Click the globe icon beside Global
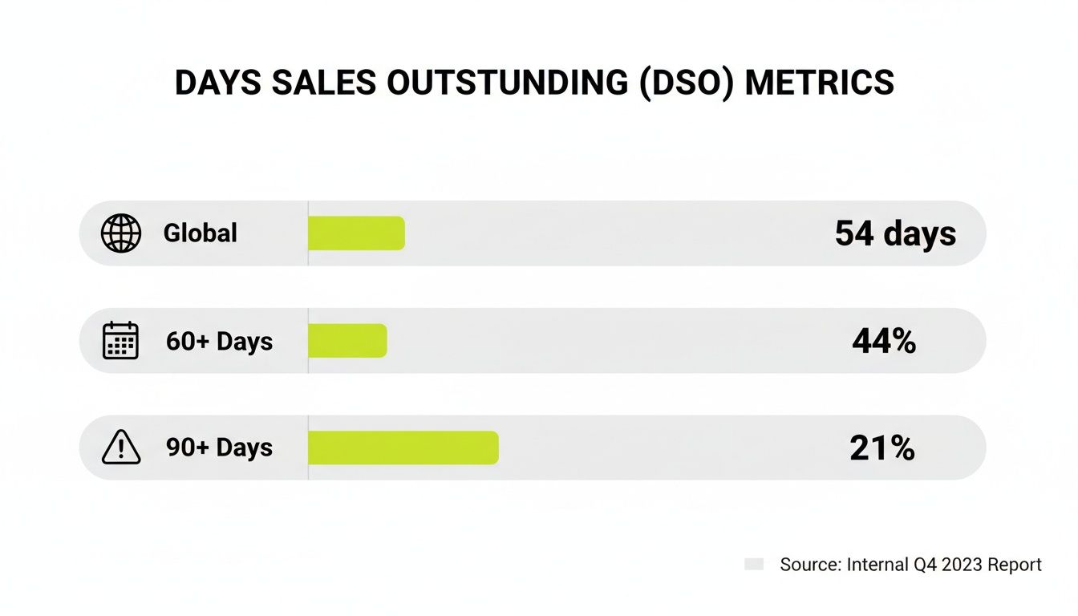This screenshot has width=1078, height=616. tap(121, 233)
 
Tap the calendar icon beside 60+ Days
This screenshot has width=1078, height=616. tap(121, 341)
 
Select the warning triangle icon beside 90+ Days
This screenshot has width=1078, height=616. tap(121, 448)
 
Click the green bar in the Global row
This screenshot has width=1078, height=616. tap(356, 233)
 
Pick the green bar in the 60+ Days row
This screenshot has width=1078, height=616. tap(347, 341)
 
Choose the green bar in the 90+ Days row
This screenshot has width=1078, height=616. tap(403, 448)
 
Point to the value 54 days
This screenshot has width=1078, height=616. tap(895, 233)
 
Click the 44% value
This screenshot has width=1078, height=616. tap(884, 342)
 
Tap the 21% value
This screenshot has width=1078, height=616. tap(882, 448)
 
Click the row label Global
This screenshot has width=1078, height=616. tap(201, 233)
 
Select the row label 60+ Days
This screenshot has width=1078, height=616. tap(219, 342)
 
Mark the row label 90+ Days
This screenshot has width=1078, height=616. tap(219, 448)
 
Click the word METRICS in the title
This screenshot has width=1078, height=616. tap(819, 83)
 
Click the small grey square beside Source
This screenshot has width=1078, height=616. tap(753, 565)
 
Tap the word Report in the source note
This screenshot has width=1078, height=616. tap(1015, 565)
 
